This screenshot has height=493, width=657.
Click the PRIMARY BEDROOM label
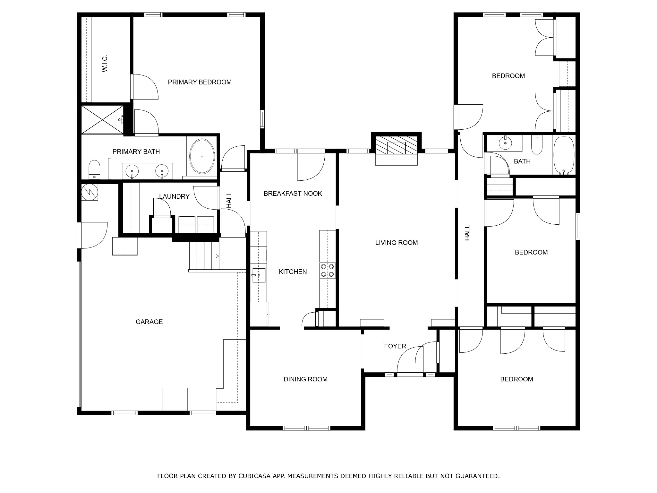[x=200, y=82]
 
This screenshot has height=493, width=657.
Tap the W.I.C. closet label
[x=105, y=63]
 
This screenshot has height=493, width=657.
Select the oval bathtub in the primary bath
[x=202, y=156]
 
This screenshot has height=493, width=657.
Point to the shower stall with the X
[x=102, y=119]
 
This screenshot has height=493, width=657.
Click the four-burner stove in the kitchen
[x=327, y=270]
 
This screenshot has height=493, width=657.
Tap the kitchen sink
[x=259, y=275]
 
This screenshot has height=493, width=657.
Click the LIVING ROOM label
[x=397, y=243]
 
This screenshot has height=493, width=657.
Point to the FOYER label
[x=395, y=346]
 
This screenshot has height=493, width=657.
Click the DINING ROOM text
[x=305, y=379]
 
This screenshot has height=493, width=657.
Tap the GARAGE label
[x=149, y=322]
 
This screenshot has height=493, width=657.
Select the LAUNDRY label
[x=174, y=196]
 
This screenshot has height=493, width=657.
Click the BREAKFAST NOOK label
[x=293, y=193]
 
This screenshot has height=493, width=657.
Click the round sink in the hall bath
[x=505, y=143]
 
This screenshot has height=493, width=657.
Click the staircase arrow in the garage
[x=217, y=256]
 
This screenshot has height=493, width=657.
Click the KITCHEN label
[x=293, y=272]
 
